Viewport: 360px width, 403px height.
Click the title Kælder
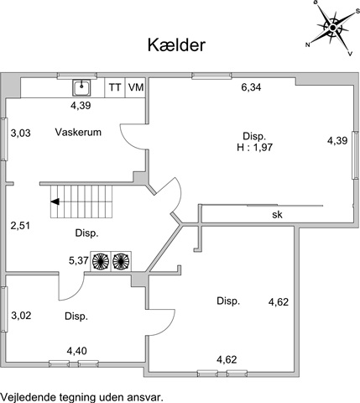pos(176,45)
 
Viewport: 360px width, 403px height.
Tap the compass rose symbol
pos(332,28)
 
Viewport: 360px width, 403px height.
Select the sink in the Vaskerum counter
pos(81,87)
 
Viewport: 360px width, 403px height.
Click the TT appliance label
pos(115,87)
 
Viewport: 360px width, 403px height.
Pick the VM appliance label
pos(136,87)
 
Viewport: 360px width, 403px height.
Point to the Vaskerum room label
pos(78,132)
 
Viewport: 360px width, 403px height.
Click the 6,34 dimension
pos(251,87)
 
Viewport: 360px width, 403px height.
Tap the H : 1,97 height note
pos(254,147)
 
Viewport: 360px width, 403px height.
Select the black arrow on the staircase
pos(55,201)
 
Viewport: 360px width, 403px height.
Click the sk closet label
pos(277,215)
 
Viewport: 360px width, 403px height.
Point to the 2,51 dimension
pos(20,226)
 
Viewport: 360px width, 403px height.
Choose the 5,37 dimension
pos(79,261)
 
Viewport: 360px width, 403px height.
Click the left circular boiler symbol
pos(101,261)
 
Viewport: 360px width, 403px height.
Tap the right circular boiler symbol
pos(121,261)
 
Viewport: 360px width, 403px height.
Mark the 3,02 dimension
pos(21,316)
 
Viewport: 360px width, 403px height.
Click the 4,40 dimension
pos(76,351)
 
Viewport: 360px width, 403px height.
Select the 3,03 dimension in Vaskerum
pos(20,133)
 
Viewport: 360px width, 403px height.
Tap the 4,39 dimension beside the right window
pos(337,141)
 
